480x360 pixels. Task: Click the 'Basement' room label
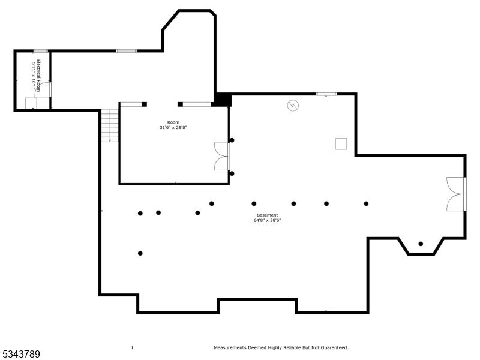tap(267, 215)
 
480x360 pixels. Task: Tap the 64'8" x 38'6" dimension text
tap(267, 220)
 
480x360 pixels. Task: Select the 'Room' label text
tap(173, 122)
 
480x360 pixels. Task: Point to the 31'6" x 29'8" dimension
tap(173, 127)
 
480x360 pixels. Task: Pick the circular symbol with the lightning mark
tap(293, 106)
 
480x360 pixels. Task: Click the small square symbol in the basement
tap(341, 143)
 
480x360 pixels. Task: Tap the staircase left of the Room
tap(110, 125)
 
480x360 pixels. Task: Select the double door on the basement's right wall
tap(456, 194)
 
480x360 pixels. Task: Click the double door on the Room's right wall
tap(222, 157)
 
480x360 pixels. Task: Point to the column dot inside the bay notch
tap(421, 244)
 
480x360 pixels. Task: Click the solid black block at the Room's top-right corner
tap(223, 100)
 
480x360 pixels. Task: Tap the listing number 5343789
tap(21, 355)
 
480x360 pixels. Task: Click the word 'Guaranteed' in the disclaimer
tap(334, 347)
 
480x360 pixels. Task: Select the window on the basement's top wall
tap(326, 94)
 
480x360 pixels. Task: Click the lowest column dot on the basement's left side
tap(140, 253)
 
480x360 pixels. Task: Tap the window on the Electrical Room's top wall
tap(40, 51)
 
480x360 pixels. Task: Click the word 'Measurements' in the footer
tap(230, 347)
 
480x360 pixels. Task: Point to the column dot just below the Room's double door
tap(232, 173)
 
